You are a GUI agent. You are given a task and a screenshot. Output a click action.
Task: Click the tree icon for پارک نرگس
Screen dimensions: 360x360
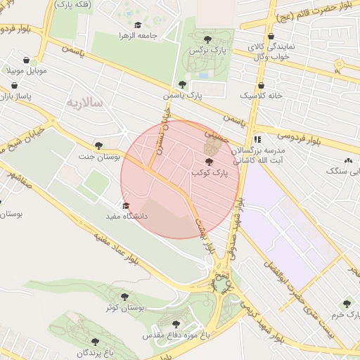point(207,39)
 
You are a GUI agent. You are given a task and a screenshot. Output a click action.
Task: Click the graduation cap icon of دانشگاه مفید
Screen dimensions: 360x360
point(126,206)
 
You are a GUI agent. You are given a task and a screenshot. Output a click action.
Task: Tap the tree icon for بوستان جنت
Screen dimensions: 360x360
point(98,145)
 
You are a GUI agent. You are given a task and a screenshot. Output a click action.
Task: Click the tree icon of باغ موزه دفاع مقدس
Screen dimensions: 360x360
point(176,324)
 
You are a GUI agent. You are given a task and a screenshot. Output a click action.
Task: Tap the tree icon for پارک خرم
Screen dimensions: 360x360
point(346,303)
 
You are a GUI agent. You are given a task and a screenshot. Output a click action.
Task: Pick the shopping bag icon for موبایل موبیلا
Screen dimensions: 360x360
point(26,60)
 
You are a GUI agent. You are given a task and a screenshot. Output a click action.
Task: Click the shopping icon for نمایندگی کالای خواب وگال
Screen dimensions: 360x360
point(270,36)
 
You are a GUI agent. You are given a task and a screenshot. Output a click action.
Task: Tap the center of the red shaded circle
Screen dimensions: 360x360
point(180,180)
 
